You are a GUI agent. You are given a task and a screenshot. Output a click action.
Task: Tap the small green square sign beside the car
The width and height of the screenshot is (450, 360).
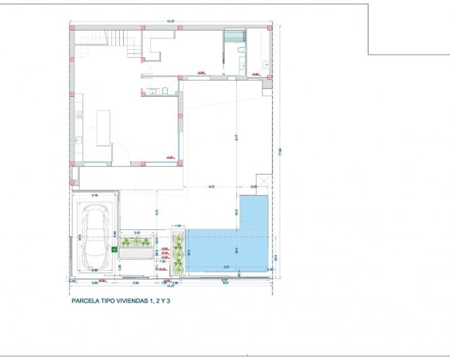(x=114, y=249)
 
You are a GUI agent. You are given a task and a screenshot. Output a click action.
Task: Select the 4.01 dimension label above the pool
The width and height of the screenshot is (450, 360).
(x=211, y=186)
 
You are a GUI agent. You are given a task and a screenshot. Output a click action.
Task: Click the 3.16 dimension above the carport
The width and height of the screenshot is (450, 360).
(x=94, y=196)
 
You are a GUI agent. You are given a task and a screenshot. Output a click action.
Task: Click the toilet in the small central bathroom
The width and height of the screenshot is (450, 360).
(x=164, y=91)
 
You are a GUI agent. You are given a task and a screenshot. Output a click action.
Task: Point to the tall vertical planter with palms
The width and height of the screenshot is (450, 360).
(x=179, y=252)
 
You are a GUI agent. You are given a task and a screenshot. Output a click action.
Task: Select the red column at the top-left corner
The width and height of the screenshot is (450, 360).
(x=70, y=28)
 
